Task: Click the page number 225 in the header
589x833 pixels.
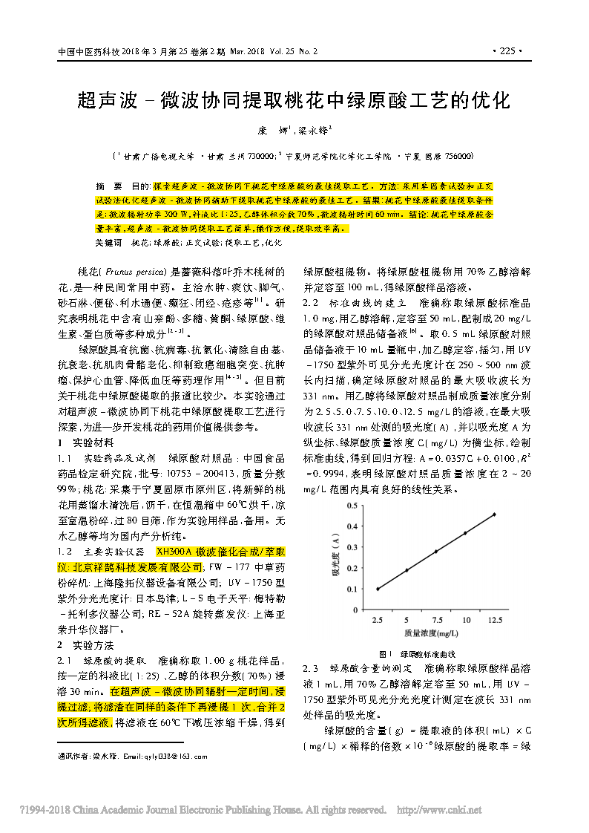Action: (x=507, y=52)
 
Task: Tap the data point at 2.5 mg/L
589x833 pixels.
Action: (x=378, y=589)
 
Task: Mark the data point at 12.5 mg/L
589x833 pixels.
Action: (x=494, y=514)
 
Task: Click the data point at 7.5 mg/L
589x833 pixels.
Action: (x=435, y=552)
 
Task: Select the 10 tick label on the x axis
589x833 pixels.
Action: (x=465, y=620)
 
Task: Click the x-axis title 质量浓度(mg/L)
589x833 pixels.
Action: (x=431, y=633)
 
